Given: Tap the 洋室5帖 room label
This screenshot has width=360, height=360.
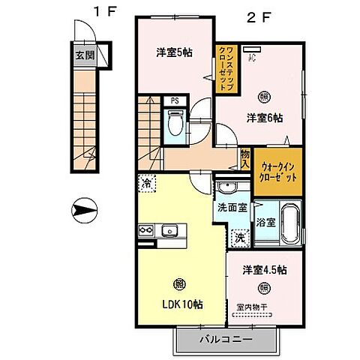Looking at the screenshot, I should (172, 52).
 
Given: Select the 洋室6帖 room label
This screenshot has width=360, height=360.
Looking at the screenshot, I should (265, 117).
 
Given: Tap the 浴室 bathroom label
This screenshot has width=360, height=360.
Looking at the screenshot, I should (264, 222).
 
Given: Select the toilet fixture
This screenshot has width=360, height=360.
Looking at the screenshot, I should (175, 122).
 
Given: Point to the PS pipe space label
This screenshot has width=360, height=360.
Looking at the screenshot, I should (174, 100).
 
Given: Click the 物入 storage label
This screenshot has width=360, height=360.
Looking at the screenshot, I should (244, 157).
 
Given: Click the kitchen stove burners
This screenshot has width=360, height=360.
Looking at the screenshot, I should (145, 230).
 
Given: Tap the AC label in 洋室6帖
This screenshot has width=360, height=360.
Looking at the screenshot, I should (252, 55).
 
